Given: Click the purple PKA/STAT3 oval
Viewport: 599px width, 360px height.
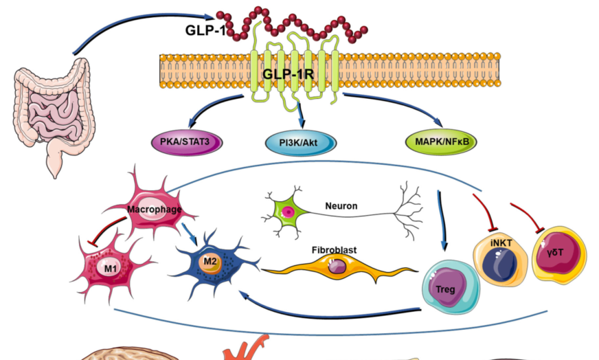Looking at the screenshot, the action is pos(187,142).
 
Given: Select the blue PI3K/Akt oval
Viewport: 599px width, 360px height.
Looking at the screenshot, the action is pos(300,143).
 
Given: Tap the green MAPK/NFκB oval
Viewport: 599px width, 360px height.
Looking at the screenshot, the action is pos(441,142).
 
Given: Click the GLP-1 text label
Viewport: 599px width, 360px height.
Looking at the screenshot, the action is pos(205,30).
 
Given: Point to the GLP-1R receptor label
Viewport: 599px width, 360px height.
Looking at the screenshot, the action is pos(288,74).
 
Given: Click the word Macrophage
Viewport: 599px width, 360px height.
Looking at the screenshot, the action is pos(155,210).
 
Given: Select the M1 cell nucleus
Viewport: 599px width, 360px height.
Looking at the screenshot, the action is pos(111,268).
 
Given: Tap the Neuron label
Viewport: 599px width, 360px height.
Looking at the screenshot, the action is pos(341,206).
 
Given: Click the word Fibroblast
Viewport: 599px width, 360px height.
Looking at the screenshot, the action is pos(335,250).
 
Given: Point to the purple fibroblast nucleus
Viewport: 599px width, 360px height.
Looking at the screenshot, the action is pos(337,266).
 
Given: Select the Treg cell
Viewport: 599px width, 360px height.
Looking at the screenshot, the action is pos(451,287).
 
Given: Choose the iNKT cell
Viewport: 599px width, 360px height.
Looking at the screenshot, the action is pos(501,261).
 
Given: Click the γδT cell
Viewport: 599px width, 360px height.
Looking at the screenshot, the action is pos(559,254).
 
